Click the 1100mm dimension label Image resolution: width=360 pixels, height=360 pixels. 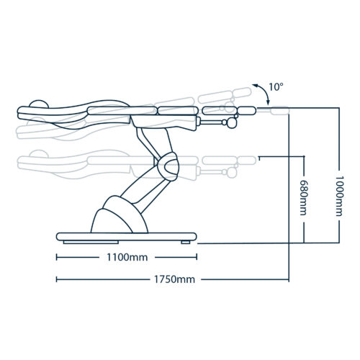[127, 258]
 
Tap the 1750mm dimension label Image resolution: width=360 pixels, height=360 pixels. [174, 279]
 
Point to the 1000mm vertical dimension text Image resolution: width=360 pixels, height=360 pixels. [339, 196]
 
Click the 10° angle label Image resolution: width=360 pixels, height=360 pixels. [276, 86]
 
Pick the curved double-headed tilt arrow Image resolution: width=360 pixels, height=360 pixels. [264, 91]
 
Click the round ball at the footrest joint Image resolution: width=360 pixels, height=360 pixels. [232, 123]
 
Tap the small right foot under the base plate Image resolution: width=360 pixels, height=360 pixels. [186, 242]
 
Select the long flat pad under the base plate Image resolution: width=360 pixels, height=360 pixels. [91, 242]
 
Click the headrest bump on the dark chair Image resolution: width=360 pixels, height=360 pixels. [39, 104]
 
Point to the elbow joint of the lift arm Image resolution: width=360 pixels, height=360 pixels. [168, 166]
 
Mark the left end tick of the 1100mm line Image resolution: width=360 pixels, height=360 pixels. [57, 258]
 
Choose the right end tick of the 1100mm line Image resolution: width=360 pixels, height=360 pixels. [197, 258]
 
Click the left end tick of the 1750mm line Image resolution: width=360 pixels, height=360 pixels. [57, 279]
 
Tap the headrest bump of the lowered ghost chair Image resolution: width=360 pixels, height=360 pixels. [38, 153]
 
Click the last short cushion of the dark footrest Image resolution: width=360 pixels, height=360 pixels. [246, 111]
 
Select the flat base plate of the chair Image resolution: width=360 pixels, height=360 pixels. [127, 237]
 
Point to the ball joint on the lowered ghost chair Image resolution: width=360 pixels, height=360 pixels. [231, 173]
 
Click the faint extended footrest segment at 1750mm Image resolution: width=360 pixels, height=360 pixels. [279, 111]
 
